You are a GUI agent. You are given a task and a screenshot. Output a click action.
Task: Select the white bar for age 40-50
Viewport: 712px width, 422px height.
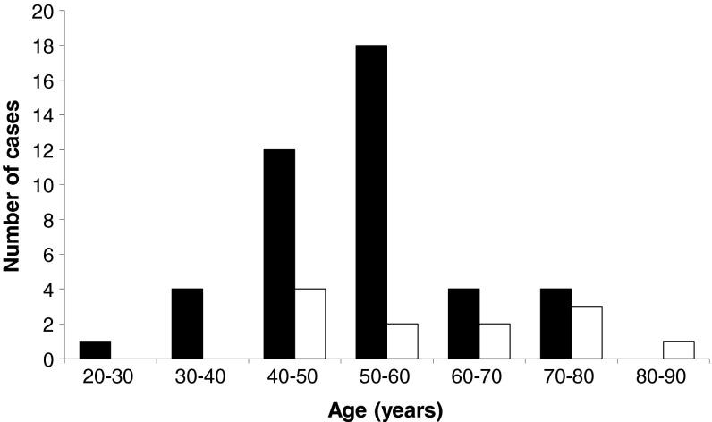pyautogui.click(x=309, y=324)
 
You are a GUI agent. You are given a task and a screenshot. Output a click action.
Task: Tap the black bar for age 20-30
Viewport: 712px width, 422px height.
pyautogui.click(x=95, y=350)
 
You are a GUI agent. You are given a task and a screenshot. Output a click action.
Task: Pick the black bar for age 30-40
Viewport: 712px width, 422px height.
pyautogui.click(x=187, y=324)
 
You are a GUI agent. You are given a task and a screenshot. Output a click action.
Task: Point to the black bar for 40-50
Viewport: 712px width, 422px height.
pyautogui.click(x=279, y=254)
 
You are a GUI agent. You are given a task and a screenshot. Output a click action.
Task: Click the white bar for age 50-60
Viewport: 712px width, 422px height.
pyautogui.click(x=403, y=341)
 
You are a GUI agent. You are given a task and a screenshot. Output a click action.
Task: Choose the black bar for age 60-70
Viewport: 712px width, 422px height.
pyautogui.click(x=463, y=324)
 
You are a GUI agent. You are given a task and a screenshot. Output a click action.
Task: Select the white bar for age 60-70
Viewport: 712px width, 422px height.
pyautogui.click(x=495, y=341)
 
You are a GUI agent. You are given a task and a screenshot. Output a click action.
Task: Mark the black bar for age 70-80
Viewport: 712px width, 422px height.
pyautogui.click(x=555, y=324)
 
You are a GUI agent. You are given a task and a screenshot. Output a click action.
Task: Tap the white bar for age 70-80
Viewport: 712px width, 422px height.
pyautogui.click(x=587, y=333)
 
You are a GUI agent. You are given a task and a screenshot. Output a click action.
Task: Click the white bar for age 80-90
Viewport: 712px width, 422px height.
pyautogui.click(x=679, y=350)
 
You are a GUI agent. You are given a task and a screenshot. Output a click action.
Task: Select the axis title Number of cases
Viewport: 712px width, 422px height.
pyautogui.click(x=13, y=185)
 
